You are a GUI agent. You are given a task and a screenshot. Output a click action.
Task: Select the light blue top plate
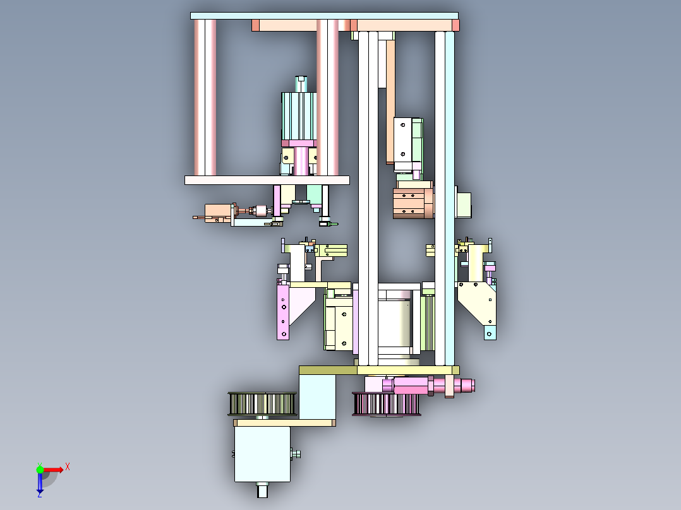pos(324,16)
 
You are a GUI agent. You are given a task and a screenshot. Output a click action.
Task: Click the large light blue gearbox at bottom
pos(262,453)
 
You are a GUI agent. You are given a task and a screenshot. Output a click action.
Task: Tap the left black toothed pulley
pos(262,403)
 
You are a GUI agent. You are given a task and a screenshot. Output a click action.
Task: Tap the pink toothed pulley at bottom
pos(385,404)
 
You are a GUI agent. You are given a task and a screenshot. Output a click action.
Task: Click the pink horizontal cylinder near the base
pos(411,384)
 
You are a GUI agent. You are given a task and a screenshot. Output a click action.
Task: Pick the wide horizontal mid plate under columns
pos(267,180)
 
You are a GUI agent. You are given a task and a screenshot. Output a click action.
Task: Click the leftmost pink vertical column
pos(205,98)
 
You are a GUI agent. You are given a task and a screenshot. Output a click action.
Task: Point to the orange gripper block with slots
pos(413,203)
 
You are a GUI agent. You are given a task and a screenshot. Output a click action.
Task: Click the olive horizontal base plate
pos(379,370)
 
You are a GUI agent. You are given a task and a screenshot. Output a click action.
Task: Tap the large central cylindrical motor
pos(394,322)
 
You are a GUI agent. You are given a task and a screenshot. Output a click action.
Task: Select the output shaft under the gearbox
pos(262,489)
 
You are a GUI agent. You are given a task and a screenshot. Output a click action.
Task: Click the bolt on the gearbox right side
pos(296,453)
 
